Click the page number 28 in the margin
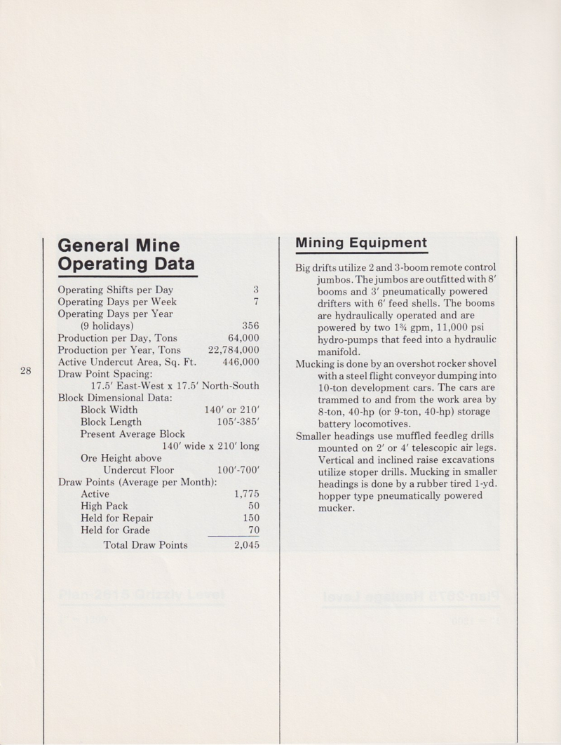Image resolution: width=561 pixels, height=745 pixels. coord(26,371)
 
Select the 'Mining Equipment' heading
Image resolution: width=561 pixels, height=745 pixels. coord(361,243)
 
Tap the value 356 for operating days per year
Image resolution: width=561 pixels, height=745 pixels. coord(250,325)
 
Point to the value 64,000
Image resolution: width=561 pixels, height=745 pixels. coord(243,337)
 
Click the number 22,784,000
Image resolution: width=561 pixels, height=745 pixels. coord(234,350)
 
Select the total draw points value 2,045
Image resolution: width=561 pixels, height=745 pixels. coord(246,544)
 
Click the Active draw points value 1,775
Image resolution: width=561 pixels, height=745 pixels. coord(246,494)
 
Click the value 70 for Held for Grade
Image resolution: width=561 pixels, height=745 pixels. coord(254,530)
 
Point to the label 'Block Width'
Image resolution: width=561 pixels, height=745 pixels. coord(109,410)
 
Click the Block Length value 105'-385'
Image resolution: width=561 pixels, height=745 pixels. coord(238,422)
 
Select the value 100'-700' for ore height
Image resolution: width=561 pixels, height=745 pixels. coord(238,469)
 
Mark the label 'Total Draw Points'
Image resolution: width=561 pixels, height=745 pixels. coord(145,544)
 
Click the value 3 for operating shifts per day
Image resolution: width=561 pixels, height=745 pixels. coord(256,290)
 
